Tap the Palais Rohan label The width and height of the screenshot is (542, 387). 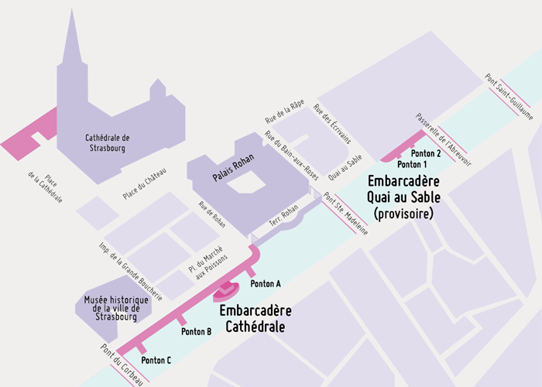click(235, 177)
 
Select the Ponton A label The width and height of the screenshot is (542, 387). click(267, 283)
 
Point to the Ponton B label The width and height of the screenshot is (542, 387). click(196, 331)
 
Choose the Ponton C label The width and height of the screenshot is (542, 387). click(157, 360)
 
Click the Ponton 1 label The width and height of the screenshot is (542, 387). click(412, 165)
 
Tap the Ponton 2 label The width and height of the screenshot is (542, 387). click(427, 153)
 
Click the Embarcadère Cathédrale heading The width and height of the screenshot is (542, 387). click(256, 318)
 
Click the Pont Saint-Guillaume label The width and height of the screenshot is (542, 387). click(509, 98)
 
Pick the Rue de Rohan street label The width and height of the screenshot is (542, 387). click(211, 216)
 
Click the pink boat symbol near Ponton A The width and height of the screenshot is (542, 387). click(226, 290)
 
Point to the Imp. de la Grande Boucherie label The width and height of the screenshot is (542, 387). click(130, 271)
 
